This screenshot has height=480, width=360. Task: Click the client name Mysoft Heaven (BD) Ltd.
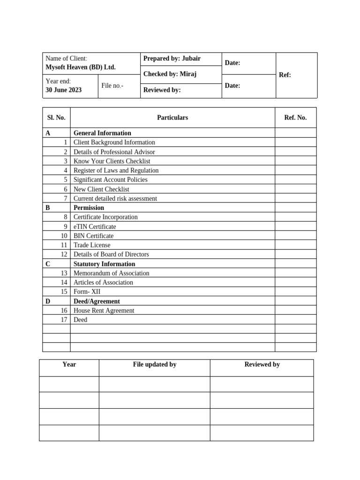[x=80, y=67]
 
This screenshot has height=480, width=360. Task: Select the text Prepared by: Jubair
[x=172, y=59]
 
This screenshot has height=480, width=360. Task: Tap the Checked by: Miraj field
[x=170, y=74]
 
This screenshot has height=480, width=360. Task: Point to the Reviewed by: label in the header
[x=162, y=90]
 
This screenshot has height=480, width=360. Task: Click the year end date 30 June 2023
[x=63, y=90]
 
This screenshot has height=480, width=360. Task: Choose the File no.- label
[x=112, y=86]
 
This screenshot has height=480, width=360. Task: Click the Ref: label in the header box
[x=285, y=75]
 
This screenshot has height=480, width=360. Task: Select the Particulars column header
[x=172, y=118]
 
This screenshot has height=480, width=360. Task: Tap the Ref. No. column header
[x=295, y=118]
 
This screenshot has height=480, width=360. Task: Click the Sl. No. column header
[x=56, y=118]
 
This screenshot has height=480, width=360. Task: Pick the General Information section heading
[x=102, y=133]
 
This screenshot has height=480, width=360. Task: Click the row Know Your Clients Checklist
[x=112, y=161]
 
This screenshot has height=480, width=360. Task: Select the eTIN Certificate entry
[x=95, y=226]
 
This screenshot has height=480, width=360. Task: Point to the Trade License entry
[x=92, y=245]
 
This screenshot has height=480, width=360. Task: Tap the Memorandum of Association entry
[x=112, y=273]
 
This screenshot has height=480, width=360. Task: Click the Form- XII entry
[x=87, y=292]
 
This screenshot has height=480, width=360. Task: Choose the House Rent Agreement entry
[x=104, y=310]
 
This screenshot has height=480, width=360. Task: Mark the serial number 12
[x=64, y=255]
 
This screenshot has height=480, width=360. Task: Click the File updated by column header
[x=155, y=364]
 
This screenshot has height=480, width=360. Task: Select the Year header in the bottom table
[x=69, y=364]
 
